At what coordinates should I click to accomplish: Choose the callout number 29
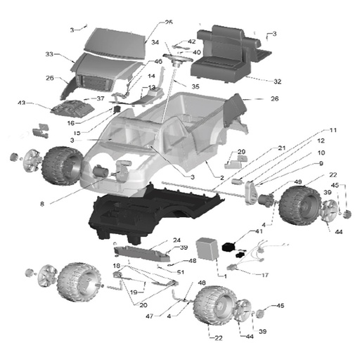(241, 151)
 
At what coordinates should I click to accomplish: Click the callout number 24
(176, 240)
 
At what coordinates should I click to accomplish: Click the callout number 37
(101, 98)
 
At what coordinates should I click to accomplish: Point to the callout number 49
(297, 181)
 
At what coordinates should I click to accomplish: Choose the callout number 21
(281, 148)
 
